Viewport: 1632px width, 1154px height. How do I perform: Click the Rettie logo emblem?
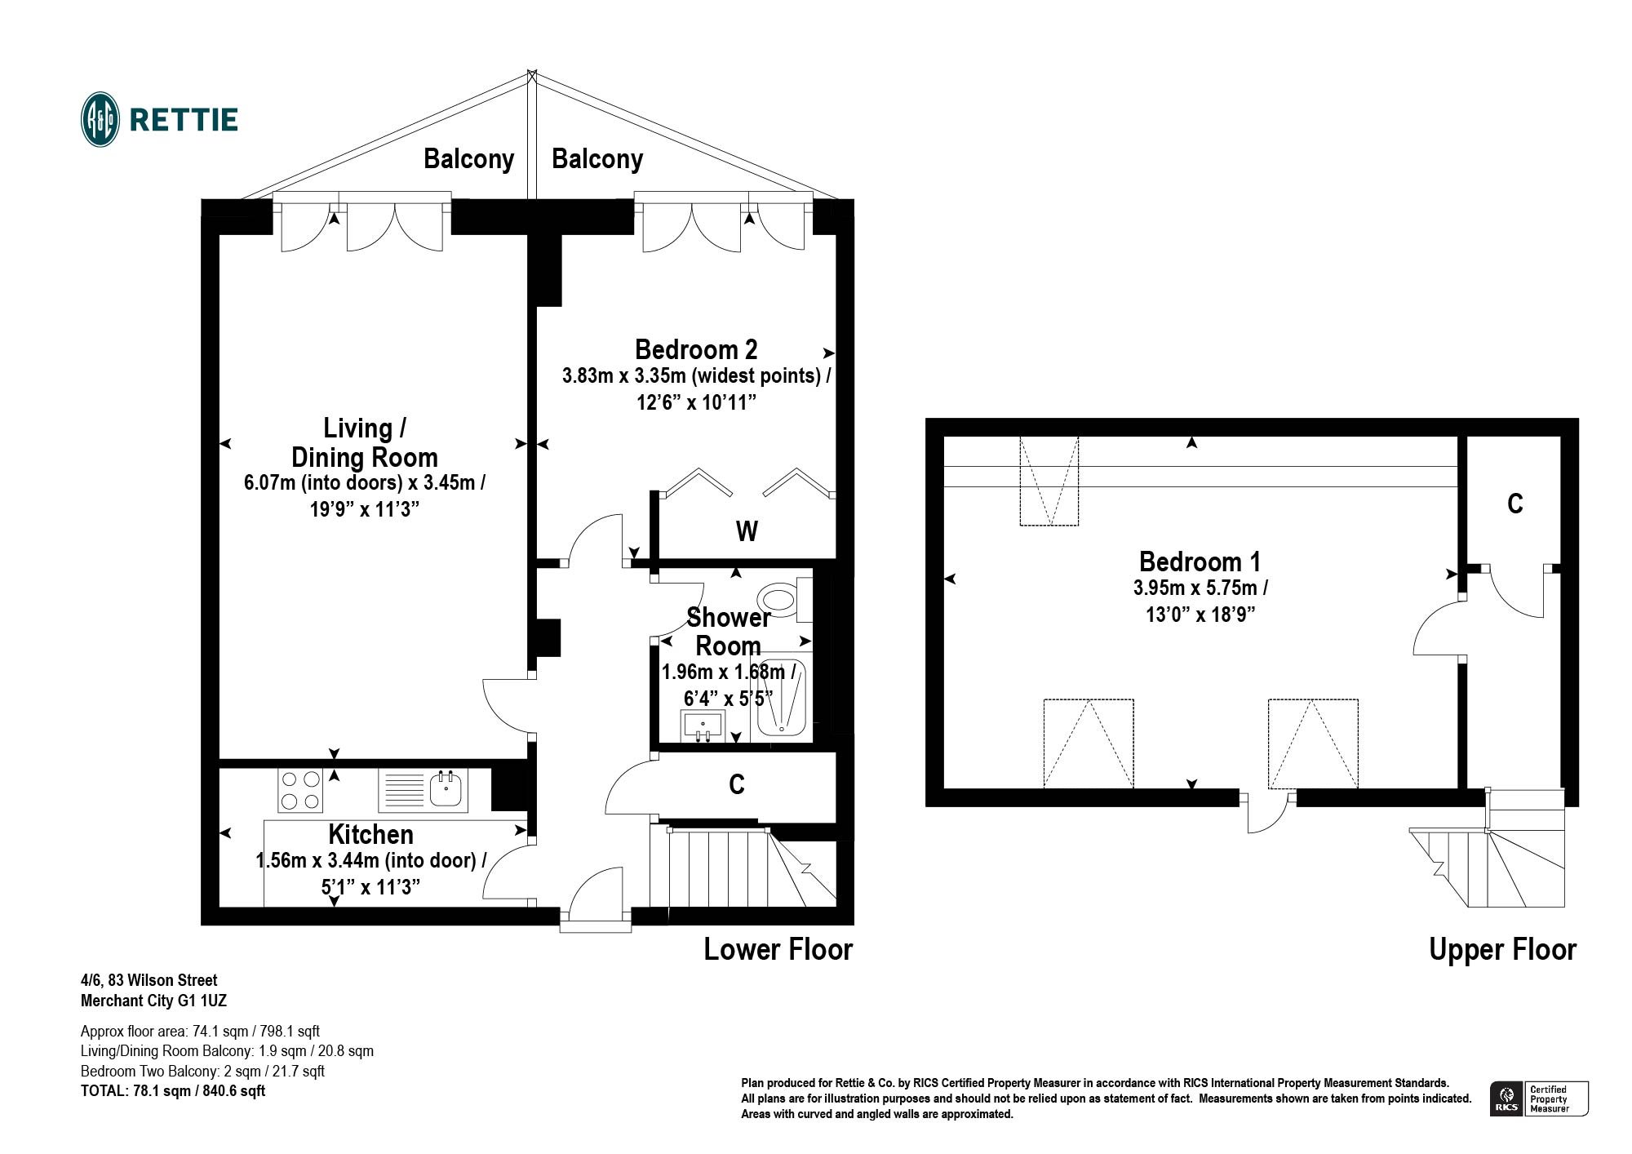(101, 119)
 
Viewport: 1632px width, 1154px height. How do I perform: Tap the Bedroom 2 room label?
(696, 349)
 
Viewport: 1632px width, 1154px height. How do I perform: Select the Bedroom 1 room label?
(1200, 561)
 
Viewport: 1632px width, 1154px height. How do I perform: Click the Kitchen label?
(370, 834)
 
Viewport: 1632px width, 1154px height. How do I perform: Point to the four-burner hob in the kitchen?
(300, 790)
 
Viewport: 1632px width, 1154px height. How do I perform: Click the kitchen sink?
(424, 790)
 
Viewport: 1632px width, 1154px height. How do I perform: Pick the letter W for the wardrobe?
(747, 531)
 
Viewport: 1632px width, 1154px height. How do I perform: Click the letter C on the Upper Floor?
(1514, 504)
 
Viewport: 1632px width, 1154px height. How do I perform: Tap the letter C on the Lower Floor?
(736, 784)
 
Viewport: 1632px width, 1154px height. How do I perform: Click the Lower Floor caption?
(778, 949)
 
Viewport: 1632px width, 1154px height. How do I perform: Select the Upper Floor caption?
(1502, 949)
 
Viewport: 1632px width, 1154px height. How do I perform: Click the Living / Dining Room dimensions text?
(365, 495)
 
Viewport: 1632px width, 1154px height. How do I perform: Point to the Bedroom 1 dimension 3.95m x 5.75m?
(1200, 588)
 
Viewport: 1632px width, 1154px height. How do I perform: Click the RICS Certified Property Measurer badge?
(1539, 1099)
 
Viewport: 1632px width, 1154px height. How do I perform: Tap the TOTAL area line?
(173, 1090)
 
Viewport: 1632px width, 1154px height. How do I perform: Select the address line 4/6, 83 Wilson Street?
(149, 980)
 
